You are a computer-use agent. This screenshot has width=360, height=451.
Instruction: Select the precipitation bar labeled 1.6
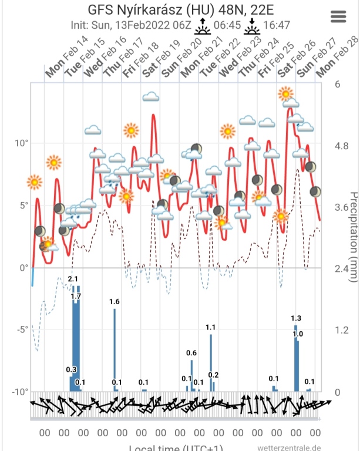click(115, 349)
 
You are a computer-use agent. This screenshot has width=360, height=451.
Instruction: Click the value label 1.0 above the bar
click(298, 334)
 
